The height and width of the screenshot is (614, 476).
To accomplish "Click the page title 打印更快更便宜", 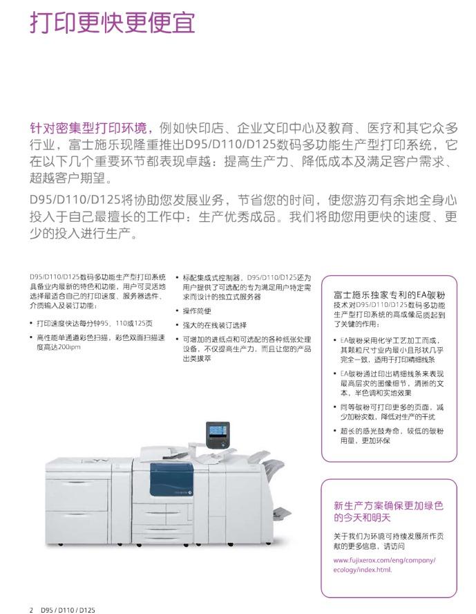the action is [112, 23].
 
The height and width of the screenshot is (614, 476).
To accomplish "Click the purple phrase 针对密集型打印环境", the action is [88, 128].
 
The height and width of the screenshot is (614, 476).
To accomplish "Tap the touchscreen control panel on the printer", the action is [218, 436].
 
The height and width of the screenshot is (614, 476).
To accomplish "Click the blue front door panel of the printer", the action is [171, 480].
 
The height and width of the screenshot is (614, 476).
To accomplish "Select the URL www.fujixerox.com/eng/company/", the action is [385, 560].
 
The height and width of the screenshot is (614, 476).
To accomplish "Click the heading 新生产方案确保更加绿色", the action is [388, 505].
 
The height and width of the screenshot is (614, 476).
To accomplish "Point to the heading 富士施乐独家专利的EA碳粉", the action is [389, 295].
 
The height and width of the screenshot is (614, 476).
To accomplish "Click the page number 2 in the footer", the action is [31, 610].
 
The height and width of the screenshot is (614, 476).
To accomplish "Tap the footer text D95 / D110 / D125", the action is [68, 610].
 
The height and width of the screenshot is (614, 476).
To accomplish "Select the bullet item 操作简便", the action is [197, 311].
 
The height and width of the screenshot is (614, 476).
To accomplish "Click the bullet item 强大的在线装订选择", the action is [215, 325].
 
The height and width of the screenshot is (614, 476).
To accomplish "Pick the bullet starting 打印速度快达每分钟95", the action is [95, 323].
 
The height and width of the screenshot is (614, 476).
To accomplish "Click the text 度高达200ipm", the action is [59, 347].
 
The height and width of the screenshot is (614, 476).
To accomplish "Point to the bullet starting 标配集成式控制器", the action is [247, 287].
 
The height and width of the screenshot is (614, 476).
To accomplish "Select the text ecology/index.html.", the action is [363, 570].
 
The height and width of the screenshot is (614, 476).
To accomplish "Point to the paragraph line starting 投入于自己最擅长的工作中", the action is [243, 216].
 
